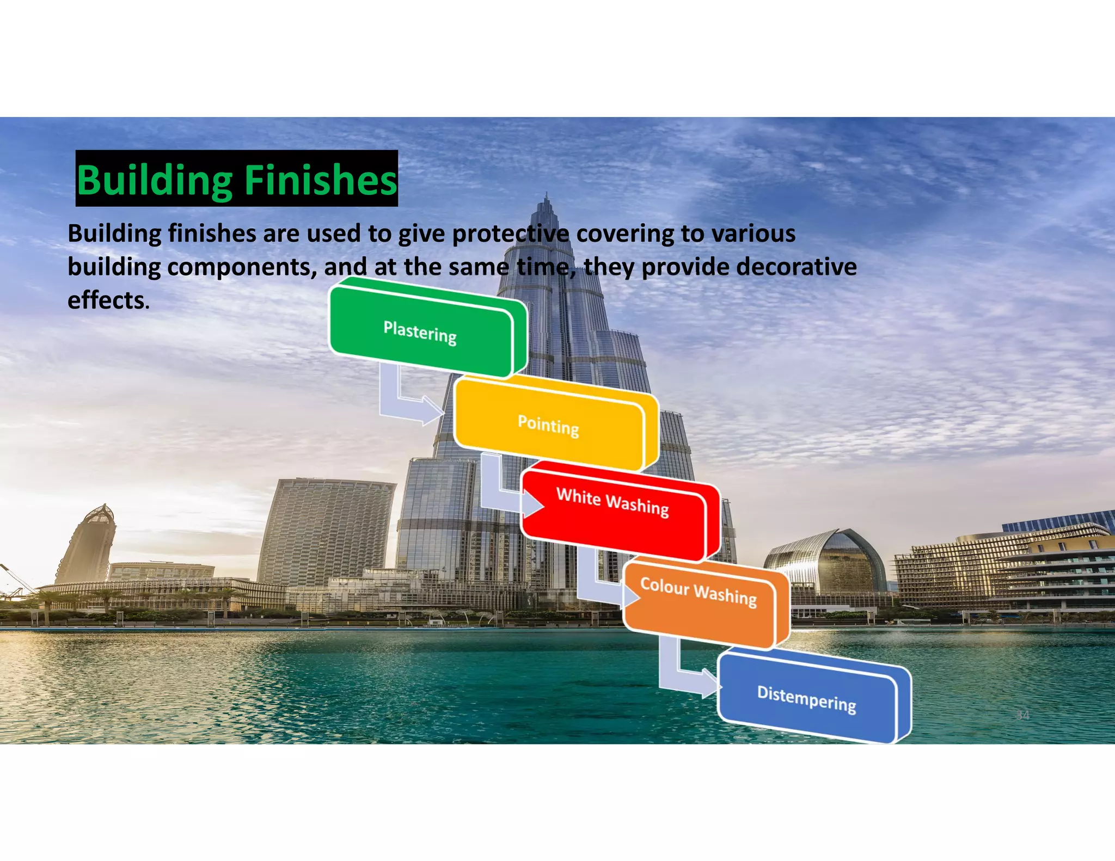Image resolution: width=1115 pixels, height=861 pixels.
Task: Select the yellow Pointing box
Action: [x=548, y=425]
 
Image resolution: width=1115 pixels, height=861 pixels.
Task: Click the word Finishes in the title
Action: [x=320, y=180]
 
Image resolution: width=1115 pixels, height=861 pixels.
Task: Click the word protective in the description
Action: [x=510, y=234]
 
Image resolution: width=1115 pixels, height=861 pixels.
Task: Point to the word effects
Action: [x=108, y=300]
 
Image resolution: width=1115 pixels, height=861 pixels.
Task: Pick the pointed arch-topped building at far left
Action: [x=87, y=544]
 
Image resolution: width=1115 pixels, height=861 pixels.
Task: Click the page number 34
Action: [x=1022, y=715]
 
